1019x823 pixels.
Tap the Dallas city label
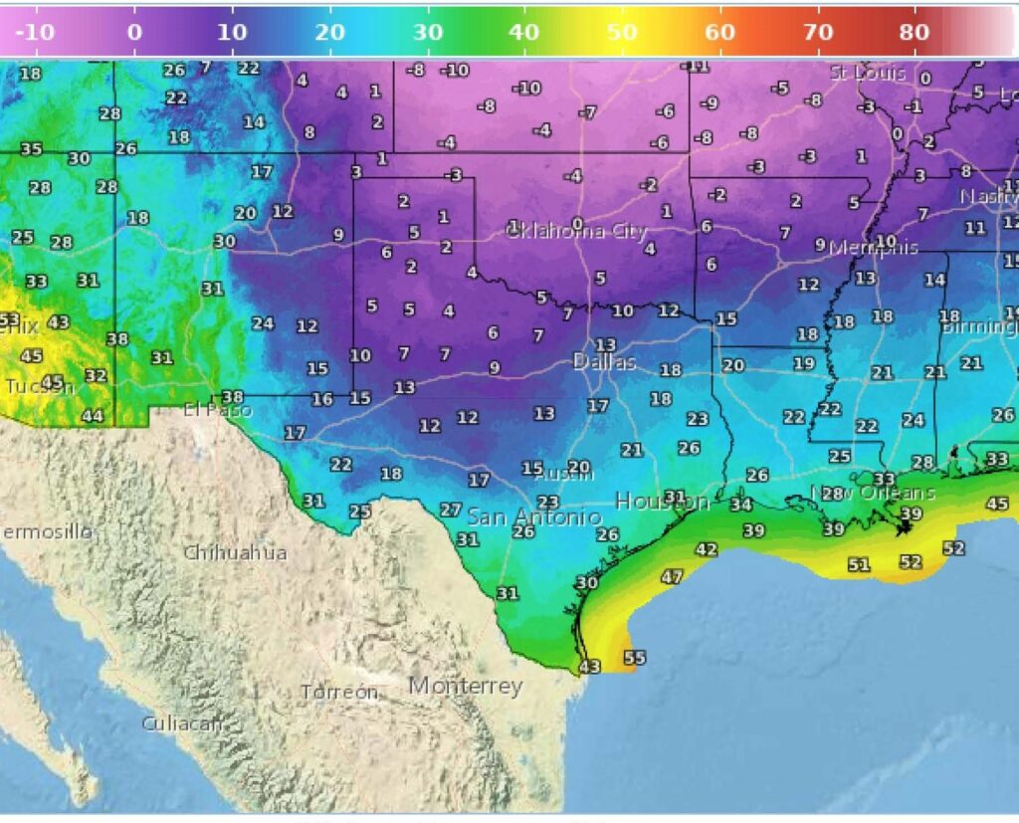click(x=604, y=362)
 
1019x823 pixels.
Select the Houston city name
click(x=653, y=501)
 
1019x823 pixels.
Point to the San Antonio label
click(x=533, y=516)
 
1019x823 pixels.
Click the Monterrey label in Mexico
click(x=465, y=686)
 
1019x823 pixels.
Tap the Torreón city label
click(x=339, y=692)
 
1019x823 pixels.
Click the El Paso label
click(x=218, y=409)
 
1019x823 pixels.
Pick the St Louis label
click(x=868, y=73)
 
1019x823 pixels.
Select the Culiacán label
click(x=181, y=723)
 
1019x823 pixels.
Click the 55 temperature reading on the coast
click(x=634, y=658)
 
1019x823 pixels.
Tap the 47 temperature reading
click(x=672, y=577)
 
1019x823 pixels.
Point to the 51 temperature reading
click(x=858, y=565)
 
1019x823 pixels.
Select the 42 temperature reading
click(x=707, y=549)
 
